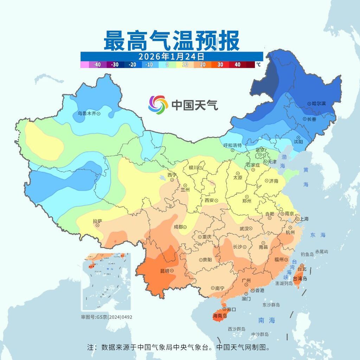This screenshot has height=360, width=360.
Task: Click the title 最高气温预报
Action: click(x=172, y=40)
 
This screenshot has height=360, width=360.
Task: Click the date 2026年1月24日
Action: click(x=171, y=56)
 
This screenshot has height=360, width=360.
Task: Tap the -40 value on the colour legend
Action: click(x=97, y=65)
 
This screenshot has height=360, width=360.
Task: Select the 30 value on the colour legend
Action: click(x=220, y=65)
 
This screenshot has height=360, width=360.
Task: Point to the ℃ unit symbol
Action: click(x=258, y=65)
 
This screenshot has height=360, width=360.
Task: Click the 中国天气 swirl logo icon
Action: click(x=158, y=104)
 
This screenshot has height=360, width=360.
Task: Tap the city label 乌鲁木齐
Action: click(x=86, y=114)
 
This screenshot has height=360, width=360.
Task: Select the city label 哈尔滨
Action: click(x=319, y=104)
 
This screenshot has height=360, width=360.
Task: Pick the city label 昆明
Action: click(x=165, y=271)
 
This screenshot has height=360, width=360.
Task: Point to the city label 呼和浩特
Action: click(x=232, y=145)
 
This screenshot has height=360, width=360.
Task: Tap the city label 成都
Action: click(x=179, y=227)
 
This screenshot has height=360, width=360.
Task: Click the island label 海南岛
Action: click(x=220, y=316)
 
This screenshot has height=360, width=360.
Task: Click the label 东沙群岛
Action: click(x=271, y=305)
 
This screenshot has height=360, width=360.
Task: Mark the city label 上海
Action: click(x=304, y=219)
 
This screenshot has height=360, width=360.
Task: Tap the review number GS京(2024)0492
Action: click(x=107, y=317)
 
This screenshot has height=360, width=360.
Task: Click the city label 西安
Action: click(x=209, y=200)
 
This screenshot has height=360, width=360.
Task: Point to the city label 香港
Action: click(x=259, y=290)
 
